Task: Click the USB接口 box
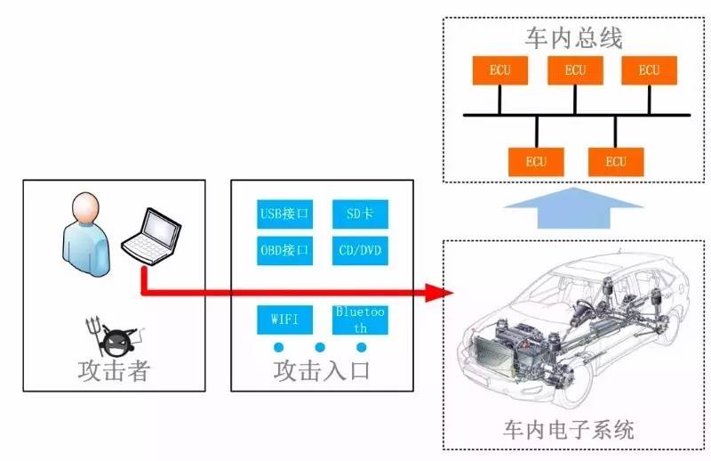[x=284, y=214]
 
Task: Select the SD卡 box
[x=360, y=214]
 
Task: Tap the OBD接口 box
[x=284, y=250]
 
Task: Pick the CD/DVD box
[x=360, y=250]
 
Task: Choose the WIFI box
[x=284, y=318]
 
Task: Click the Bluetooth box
[x=360, y=319]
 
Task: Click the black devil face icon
[x=116, y=341]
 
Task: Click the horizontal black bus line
[x=576, y=115]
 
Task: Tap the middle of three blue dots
[x=320, y=347]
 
